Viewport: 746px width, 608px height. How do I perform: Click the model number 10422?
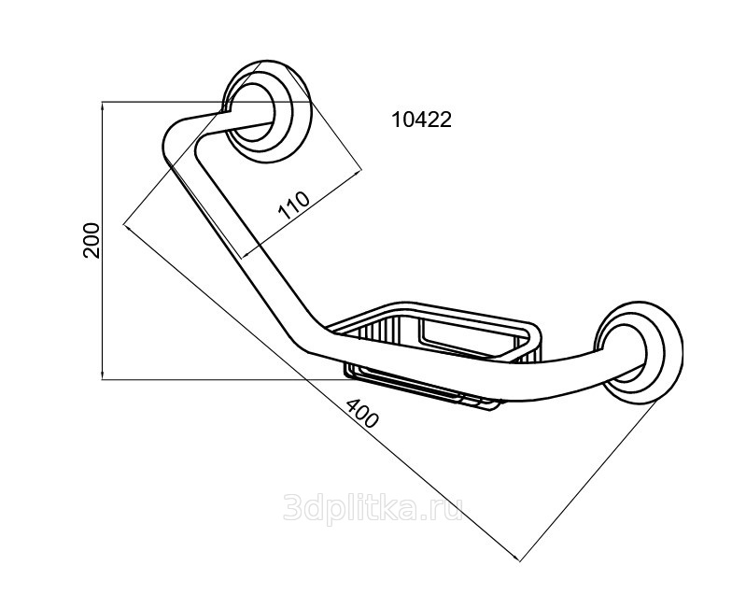point(421,120)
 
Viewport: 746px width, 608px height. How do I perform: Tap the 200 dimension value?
point(91,240)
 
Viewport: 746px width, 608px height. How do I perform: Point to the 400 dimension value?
point(362,414)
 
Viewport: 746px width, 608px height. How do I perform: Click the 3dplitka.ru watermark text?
point(373,507)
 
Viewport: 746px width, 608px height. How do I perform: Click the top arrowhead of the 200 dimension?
point(103,105)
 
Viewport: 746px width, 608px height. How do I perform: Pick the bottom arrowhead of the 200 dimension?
point(103,376)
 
